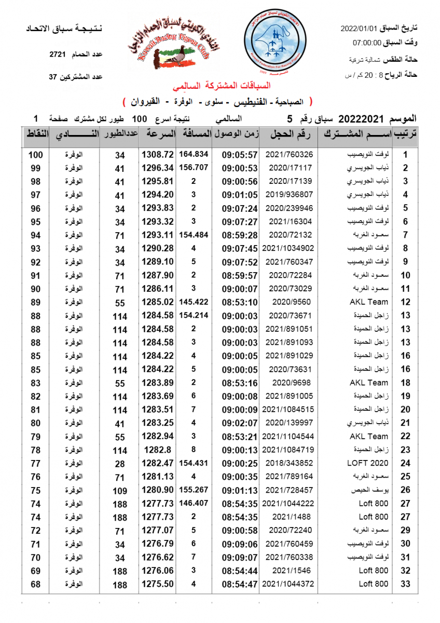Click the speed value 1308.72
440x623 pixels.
pos(157,155)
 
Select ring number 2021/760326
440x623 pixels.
pos(289,155)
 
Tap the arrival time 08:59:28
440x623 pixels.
pos(240,235)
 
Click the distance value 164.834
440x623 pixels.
pos(194,154)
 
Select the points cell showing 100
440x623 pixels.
pos(35,155)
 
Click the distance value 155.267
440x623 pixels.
pos(194,490)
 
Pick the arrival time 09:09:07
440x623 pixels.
pos(240,557)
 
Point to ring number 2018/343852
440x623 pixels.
pos(289,463)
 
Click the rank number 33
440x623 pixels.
pos(406,584)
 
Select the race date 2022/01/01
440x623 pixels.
pos(361,30)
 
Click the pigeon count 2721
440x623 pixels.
pos(57,54)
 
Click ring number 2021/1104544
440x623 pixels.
pos(289,436)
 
